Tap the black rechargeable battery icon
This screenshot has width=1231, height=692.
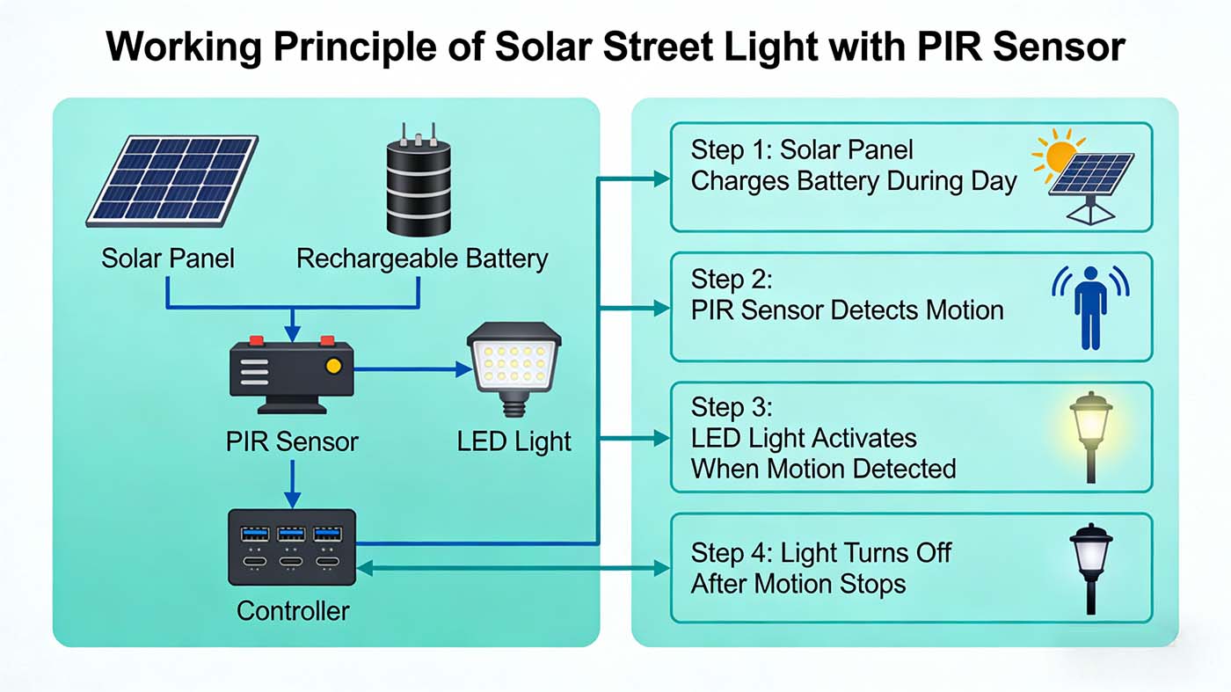click(x=419, y=184)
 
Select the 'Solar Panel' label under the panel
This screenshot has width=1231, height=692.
click(x=168, y=259)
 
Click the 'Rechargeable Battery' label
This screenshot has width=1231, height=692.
click(x=422, y=259)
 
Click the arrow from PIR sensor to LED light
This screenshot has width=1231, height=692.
click(x=413, y=370)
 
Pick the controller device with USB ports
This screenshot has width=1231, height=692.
click(x=292, y=547)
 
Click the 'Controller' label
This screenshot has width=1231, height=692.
click(x=293, y=610)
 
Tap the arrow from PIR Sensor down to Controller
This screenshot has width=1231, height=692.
click(x=293, y=484)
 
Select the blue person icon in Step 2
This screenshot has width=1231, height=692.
click(x=1090, y=306)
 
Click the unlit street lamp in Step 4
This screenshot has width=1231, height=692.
click(x=1091, y=567)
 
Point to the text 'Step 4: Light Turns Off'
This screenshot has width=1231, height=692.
click(x=821, y=552)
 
